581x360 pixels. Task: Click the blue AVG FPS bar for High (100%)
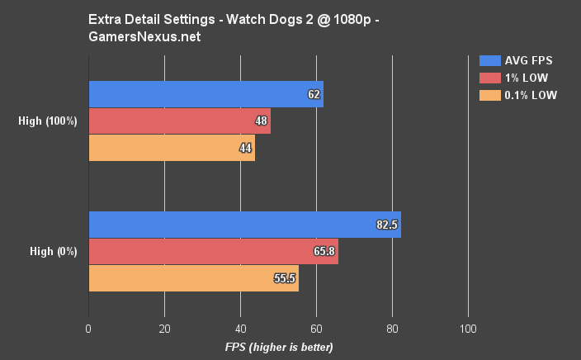[205, 94]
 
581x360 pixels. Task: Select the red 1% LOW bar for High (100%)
[179, 121]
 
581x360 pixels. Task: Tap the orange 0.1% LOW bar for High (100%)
[172, 147]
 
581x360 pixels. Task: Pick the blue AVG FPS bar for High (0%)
[244, 225]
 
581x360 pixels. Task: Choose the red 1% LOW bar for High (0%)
[213, 251]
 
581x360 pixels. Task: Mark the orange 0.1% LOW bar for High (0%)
[193, 278]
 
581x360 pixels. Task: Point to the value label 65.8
[323, 251]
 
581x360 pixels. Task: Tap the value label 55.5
[284, 278]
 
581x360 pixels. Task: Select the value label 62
[314, 94]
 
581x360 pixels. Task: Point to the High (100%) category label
[48, 121]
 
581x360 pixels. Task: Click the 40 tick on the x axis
[240, 329]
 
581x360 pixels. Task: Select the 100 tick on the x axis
[468, 329]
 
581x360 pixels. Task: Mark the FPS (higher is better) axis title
[279, 347]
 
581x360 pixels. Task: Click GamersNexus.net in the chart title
[135, 37]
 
